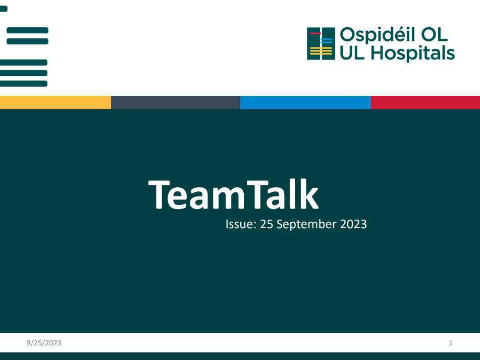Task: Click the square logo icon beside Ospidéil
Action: coord(321,44)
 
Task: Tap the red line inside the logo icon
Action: coord(315,33)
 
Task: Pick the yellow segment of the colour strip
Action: coord(55,102)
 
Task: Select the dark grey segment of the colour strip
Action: coord(175,102)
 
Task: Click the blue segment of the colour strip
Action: coord(305,102)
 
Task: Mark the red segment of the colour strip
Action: coord(425,102)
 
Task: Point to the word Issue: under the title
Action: coord(241,225)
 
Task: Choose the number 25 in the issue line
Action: coord(266,225)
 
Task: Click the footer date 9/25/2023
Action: coord(44,343)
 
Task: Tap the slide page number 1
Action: coord(451,343)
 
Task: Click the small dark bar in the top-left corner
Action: coord(4,9)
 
